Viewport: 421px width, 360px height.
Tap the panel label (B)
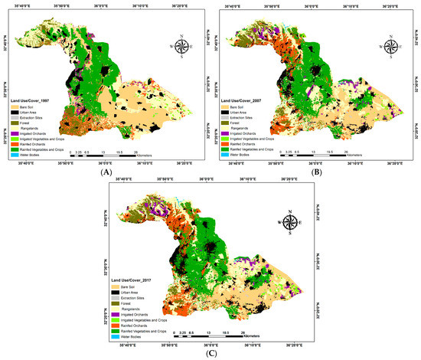(x=314, y=173)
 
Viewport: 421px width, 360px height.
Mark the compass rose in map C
(x=292, y=222)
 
